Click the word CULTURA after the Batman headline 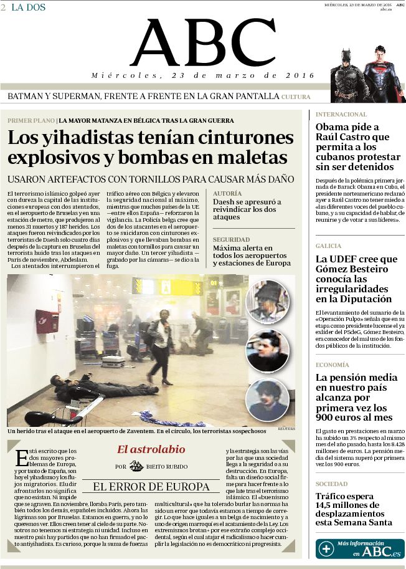click(x=295, y=97)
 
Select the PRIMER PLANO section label click(x=31, y=120)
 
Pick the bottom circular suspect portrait click(x=267, y=399)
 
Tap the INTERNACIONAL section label click(x=341, y=115)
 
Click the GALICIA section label click(x=328, y=246)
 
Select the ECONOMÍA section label click(x=332, y=365)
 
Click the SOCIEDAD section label click(x=331, y=484)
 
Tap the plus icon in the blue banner click(x=326, y=549)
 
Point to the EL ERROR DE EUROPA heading click(x=151, y=487)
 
